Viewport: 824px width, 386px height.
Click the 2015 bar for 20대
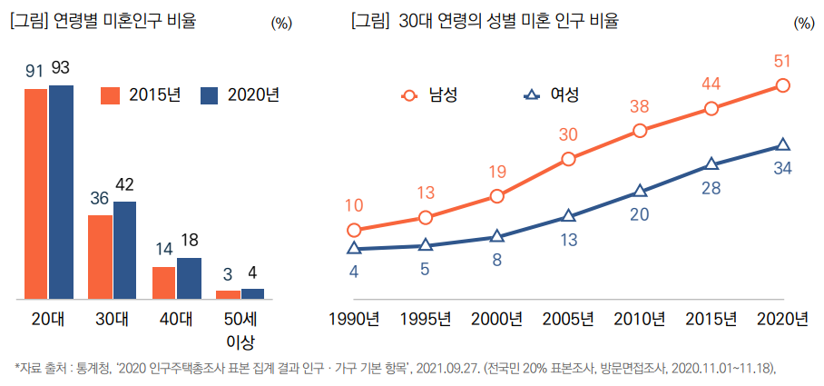coord(36,193)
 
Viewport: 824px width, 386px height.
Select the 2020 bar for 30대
coord(124,250)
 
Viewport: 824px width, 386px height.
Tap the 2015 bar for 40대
coord(163,282)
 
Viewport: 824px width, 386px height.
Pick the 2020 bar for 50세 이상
coord(252,293)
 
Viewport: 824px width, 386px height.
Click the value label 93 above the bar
coord(61,67)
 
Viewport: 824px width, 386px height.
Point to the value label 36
coord(100,198)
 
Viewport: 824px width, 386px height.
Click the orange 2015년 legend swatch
coord(111,95)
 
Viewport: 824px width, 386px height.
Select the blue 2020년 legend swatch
coord(210,95)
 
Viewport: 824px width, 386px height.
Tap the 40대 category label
coord(175,319)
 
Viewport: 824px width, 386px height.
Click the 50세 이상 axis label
coord(240,330)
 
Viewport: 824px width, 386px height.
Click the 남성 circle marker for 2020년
coord(783,85)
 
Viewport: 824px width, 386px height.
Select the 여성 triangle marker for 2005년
coord(569,216)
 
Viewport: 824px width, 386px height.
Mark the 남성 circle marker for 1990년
coord(354,231)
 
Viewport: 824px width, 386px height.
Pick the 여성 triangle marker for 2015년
coord(711,163)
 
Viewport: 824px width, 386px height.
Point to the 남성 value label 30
coord(568,134)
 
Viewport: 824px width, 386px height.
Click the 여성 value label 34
coord(784,167)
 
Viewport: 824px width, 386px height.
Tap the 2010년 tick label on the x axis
coord(640,319)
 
